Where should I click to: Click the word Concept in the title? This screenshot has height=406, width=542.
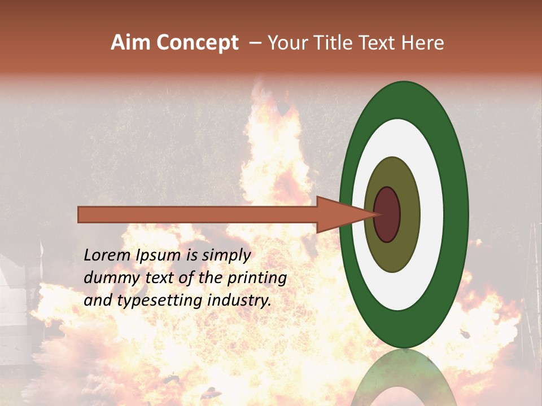point(198,43)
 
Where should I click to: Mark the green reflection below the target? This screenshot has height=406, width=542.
point(404,378)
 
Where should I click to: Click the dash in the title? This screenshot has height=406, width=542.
point(255,43)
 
